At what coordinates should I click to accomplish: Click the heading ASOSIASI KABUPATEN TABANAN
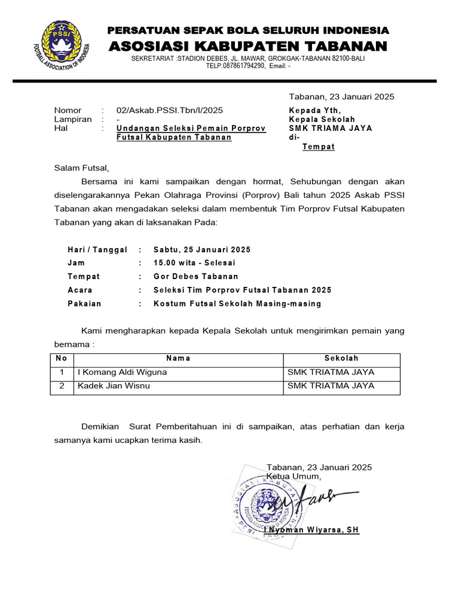[x=247, y=47]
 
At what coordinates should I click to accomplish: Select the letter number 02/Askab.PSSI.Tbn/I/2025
[x=170, y=111]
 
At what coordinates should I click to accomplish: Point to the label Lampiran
[x=73, y=119]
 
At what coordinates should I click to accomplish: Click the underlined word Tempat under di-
[x=319, y=146]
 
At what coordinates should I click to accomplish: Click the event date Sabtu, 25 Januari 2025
[x=202, y=250]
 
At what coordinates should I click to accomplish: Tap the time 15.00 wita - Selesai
[x=194, y=263]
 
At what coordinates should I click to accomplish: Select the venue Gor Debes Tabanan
[x=195, y=277]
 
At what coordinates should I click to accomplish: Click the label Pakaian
[x=84, y=304]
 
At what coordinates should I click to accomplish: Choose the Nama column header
[x=178, y=359]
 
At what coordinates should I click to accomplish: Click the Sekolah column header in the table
[x=341, y=359]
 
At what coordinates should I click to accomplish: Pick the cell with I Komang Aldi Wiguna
[x=123, y=372]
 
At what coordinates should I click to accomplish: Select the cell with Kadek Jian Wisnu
[x=114, y=386]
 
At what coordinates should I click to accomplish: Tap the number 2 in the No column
[x=61, y=386]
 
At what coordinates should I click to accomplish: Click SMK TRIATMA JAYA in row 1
[x=331, y=372]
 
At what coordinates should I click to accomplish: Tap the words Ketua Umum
[x=293, y=476]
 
